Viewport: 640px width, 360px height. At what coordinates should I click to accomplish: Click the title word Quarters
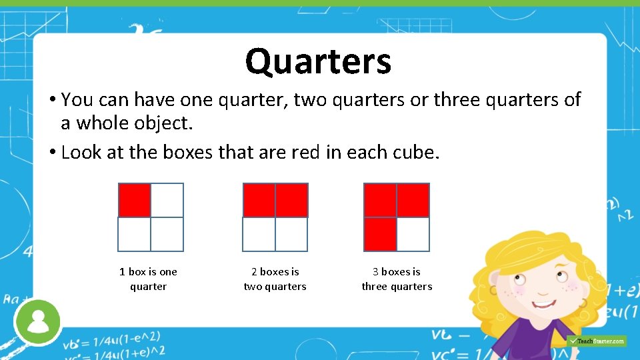tap(318, 61)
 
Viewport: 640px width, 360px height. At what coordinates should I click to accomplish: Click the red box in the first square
tap(135, 200)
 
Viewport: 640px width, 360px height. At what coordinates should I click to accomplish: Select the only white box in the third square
tap(413, 234)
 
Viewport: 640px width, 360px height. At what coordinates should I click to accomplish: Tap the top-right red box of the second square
tap(291, 200)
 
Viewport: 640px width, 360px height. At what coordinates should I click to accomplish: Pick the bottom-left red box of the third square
tap(380, 234)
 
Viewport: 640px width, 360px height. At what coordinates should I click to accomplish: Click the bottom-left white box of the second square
tap(259, 234)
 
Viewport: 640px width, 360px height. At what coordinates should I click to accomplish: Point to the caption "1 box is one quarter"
tap(148, 279)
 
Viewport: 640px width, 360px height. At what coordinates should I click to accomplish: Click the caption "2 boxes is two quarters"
tap(275, 279)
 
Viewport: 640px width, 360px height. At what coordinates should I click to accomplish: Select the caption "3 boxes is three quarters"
tap(397, 279)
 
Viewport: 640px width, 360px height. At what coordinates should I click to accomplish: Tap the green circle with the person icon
tap(38, 321)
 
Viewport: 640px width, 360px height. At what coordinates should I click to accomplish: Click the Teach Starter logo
tap(597, 341)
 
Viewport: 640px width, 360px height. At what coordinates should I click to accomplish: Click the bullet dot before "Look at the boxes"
tap(52, 153)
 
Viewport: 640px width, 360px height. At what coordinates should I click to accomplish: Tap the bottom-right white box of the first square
tap(167, 234)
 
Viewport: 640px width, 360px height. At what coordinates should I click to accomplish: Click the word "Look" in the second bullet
tap(78, 153)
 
